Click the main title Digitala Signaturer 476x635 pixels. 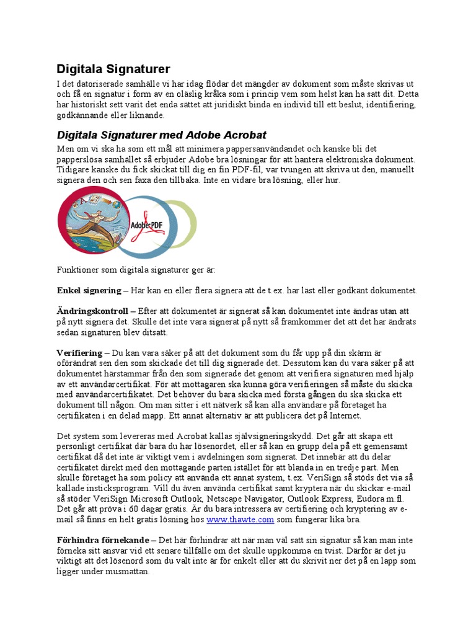(113, 69)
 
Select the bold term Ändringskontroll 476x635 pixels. (92, 310)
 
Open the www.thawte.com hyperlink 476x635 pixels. (231, 519)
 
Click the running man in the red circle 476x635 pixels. (93, 220)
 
